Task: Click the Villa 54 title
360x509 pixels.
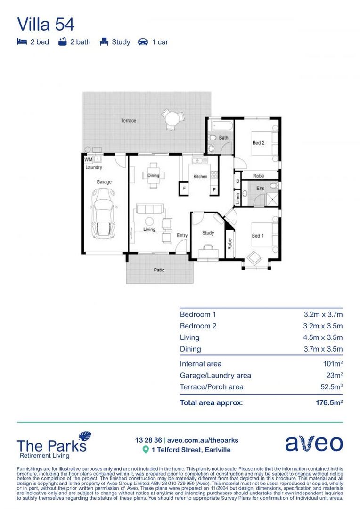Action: click(x=46, y=24)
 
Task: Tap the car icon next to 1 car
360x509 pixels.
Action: click(x=143, y=42)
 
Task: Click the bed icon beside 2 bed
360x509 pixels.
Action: click(x=22, y=42)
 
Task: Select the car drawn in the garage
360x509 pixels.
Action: click(x=103, y=213)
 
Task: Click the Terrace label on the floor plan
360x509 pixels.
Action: click(x=128, y=121)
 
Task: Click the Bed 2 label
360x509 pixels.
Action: click(x=258, y=143)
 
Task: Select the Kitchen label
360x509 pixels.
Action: click(x=200, y=177)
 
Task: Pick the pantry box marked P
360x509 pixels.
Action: click(x=214, y=189)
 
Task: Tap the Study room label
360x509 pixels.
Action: click(x=208, y=233)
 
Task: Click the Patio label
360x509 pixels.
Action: click(x=159, y=271)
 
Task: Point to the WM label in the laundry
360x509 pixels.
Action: click(x=88, y=160)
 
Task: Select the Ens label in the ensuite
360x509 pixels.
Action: click(x=260, y=188)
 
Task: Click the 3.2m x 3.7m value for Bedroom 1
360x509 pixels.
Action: click(x=323, y=314)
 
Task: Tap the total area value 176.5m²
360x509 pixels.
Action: click(x=328, y=403)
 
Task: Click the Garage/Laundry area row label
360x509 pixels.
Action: click(x=215, y=376)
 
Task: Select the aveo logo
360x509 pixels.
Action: click(x=314, y=444)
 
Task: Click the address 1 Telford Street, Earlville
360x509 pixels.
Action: click(x=191, y=450)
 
